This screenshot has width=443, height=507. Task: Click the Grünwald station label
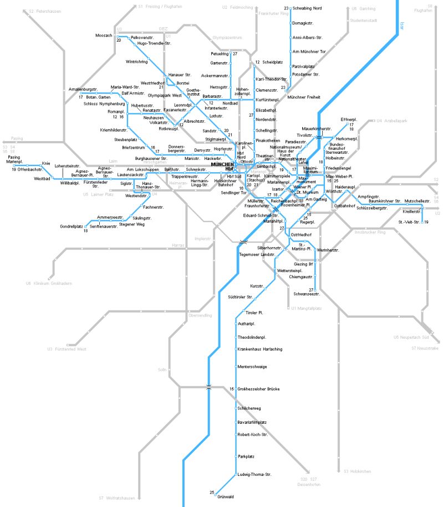225,496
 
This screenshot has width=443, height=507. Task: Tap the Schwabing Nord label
307,8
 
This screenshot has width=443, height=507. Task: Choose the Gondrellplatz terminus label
72,226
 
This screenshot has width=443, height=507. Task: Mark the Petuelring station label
220,54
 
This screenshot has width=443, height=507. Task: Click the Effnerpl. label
349,119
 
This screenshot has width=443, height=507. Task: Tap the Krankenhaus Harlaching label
259,348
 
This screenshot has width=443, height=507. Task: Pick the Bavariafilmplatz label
252,422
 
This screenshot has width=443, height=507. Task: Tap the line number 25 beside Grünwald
212,492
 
